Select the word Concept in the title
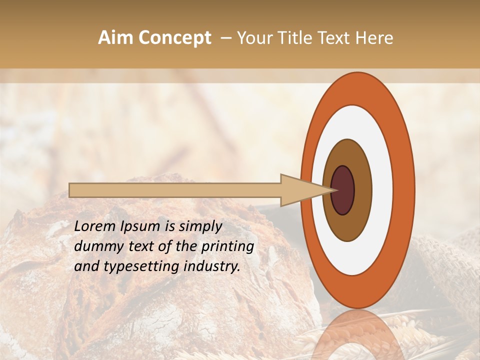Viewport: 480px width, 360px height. (175, 38)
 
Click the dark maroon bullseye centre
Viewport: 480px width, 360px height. (343, 190)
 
